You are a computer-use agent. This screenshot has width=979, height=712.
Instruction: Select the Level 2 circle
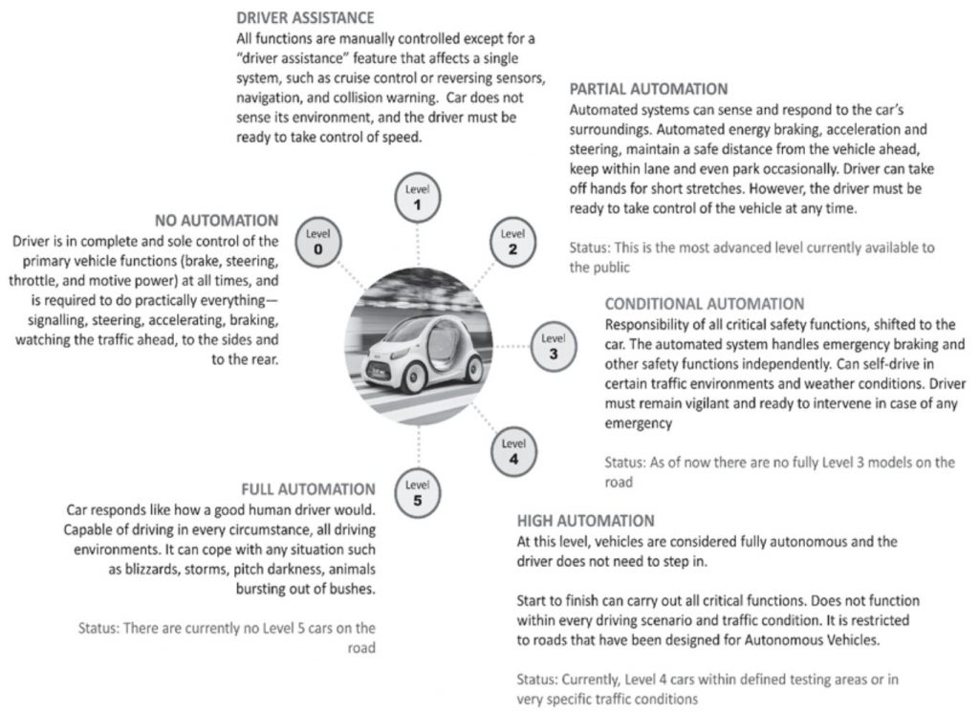point(512,241)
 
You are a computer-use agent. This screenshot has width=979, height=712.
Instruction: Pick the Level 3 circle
point(553,346)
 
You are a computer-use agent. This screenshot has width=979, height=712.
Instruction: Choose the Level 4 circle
point(513,450)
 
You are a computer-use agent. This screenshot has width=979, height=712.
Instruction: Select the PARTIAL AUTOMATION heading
point(648,89)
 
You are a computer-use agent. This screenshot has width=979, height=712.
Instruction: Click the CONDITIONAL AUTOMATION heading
point(705,304)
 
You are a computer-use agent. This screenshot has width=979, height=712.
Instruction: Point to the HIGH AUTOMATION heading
point(585,521)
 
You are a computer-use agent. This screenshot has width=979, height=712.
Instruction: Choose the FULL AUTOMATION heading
point(308,489)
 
